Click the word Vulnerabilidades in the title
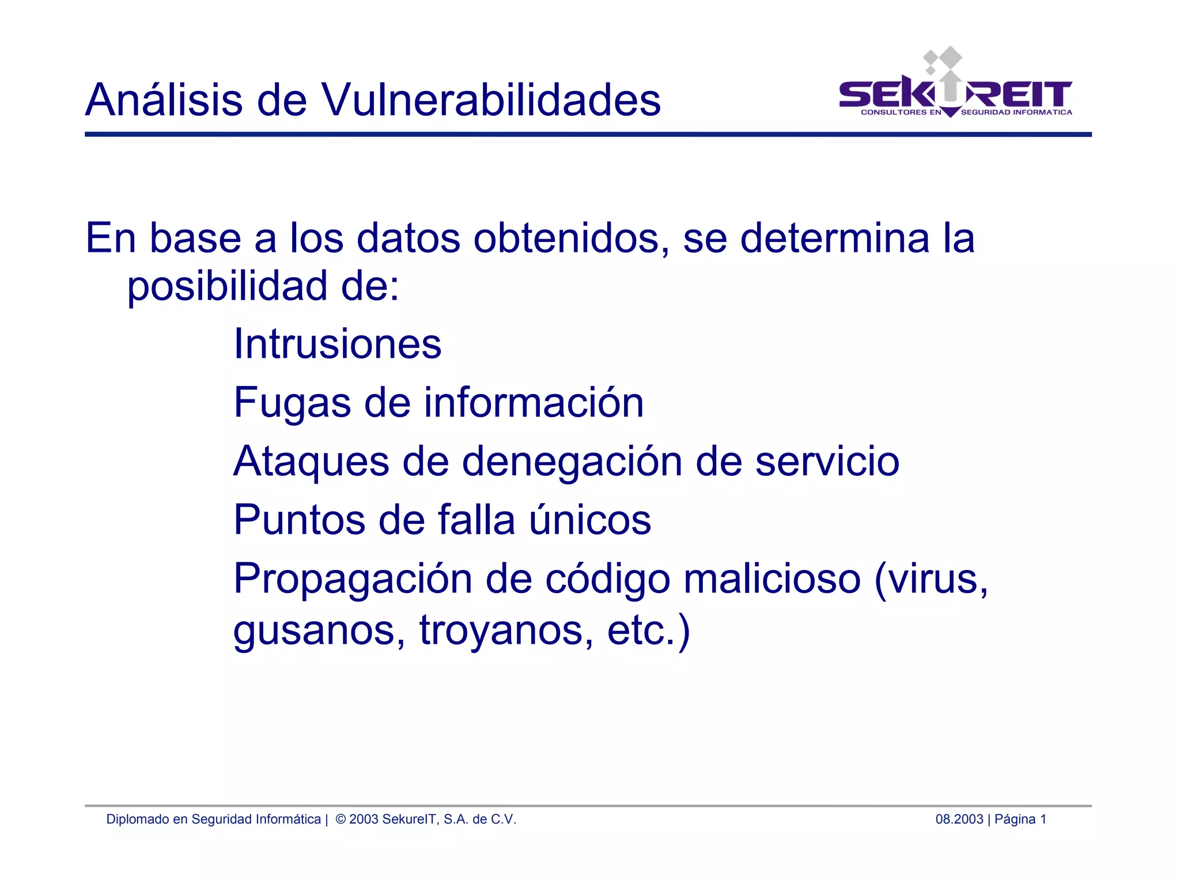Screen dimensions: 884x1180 (490, 100)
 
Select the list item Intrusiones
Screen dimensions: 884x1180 (337, 344)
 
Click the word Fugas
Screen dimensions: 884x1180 (292, 403)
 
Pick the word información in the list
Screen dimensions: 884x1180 (534, 402)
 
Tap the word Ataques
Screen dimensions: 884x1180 (311, 462)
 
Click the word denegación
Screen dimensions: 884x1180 (572, 462)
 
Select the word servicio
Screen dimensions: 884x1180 (827, 462)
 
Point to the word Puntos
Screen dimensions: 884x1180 (299, 520)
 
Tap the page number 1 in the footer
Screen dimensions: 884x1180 (1043, 819)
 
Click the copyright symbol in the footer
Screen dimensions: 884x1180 (341, 819)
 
